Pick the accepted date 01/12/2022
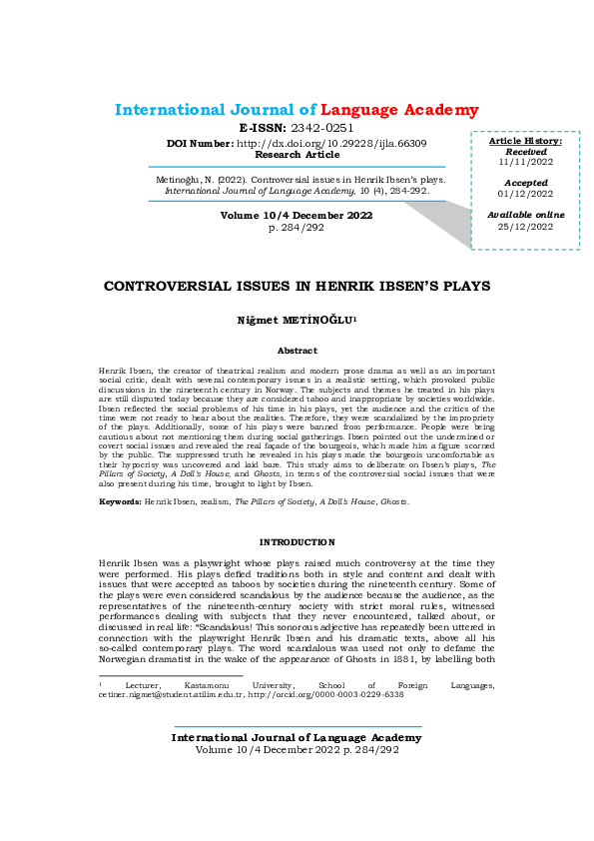tap(525, 195)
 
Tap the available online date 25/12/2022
tap(525, 227)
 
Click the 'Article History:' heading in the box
tap(525, 141)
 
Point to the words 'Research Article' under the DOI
tap(297, 155)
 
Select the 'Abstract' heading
tap(297, 351)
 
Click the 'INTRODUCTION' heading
tap(297, 541)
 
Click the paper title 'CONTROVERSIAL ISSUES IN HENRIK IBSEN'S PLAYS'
tap(297, 286)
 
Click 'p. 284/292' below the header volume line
tap(297, 229)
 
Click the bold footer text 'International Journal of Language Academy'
tap(297, 737)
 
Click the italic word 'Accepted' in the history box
tap(525, 183)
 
